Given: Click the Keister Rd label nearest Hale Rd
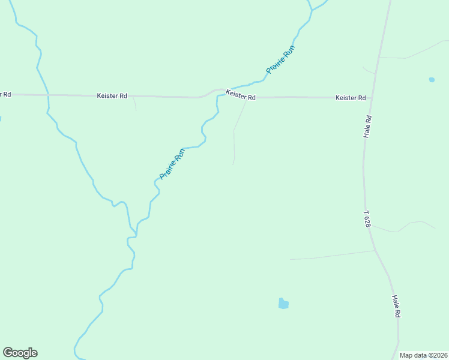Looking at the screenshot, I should coord(351,98).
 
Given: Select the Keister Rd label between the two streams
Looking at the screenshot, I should coord(112,95).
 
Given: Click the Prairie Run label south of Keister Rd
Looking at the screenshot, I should coord(172,164).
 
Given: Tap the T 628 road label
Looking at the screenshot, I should coord(367,218).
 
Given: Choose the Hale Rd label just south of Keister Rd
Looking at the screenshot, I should coord(368,127).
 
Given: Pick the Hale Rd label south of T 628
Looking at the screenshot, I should coord(396,306).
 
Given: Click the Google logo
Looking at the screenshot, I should coord(20,353).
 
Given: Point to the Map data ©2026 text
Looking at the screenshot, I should coord(424,355).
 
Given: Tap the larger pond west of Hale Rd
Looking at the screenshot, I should coord(283,304).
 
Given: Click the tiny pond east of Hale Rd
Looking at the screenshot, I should coord(432,79).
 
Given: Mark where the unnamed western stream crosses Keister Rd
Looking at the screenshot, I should coord(47,95).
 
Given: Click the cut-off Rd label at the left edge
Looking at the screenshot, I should coord(5,94).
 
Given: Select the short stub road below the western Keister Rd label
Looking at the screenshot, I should coord(135,104).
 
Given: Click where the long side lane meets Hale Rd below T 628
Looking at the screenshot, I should coord(375,251).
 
